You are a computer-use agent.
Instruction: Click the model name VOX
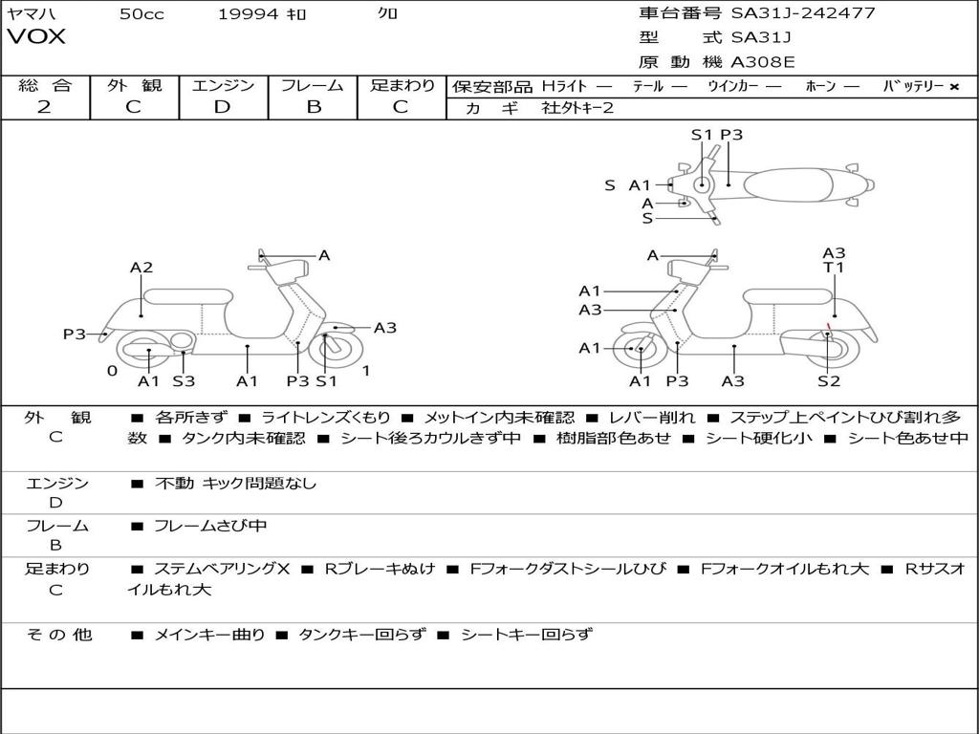click(36, 37)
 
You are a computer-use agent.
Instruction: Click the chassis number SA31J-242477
click(802, 13)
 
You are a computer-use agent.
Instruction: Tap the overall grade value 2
click(44, 107)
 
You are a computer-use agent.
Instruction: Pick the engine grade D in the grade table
click(223, 107)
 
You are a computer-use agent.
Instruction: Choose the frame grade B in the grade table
click(313, 107)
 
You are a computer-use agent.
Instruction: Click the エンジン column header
click(223, 85)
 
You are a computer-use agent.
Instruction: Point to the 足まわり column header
click(402, 85)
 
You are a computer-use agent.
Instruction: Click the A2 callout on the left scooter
click(141, 268)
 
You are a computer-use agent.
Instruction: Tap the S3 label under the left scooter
click(184, 381)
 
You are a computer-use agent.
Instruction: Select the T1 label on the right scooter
click(834, 268)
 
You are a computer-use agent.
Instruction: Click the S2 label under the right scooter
click(828, 381)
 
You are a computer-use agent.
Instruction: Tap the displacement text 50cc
click(141, 13)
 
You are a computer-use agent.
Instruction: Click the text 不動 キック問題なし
click(235, 484)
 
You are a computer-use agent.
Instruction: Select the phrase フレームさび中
click(210, 526)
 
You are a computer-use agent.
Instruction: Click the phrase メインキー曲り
click(209, 634)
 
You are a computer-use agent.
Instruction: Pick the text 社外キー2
click(577, 108)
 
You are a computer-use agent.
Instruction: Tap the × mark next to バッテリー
click(953, 86)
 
